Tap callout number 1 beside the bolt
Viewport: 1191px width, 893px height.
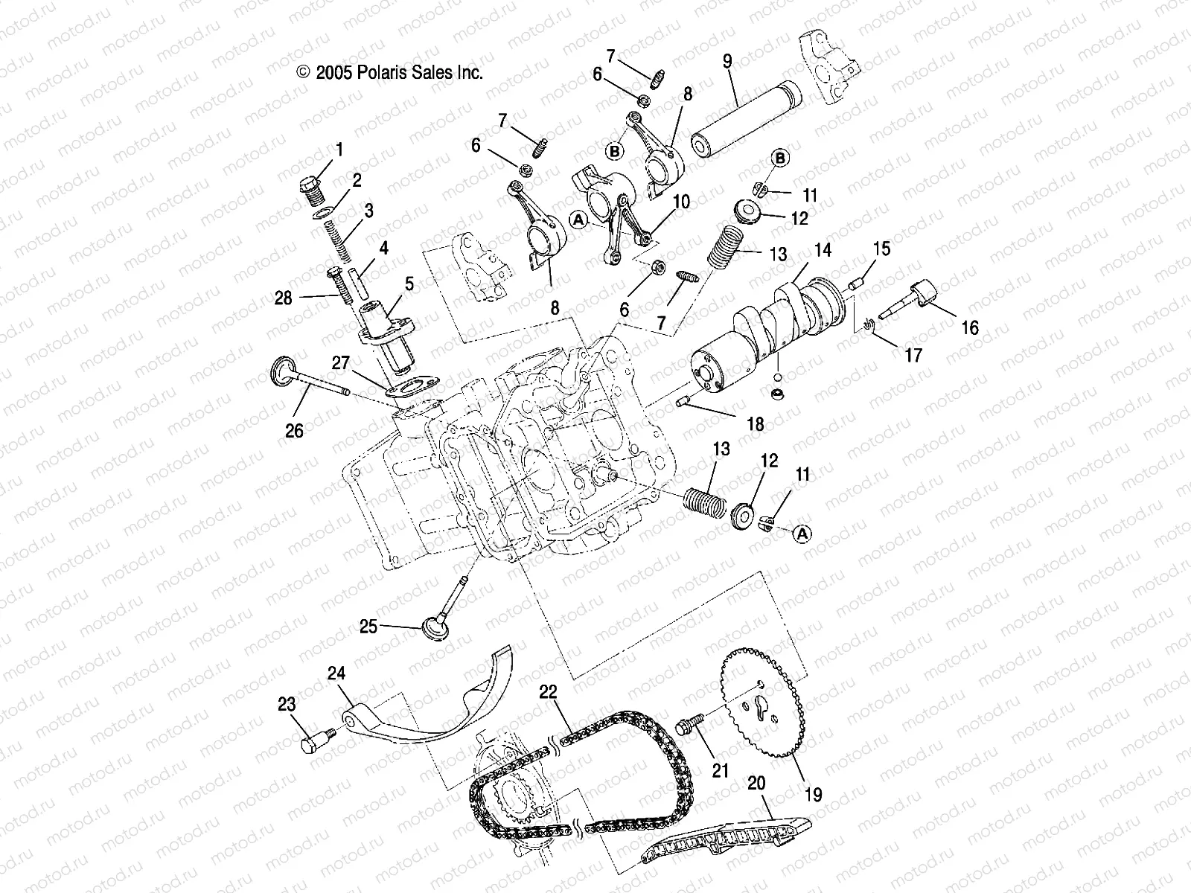[339, 150]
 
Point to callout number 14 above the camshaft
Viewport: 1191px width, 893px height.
[822, 251]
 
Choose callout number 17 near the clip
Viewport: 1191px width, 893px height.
[913, 355]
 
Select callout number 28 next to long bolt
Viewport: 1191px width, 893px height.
[284, 298]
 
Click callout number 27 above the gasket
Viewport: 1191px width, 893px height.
[340, 362]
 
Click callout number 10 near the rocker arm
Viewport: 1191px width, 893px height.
[681, 202]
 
